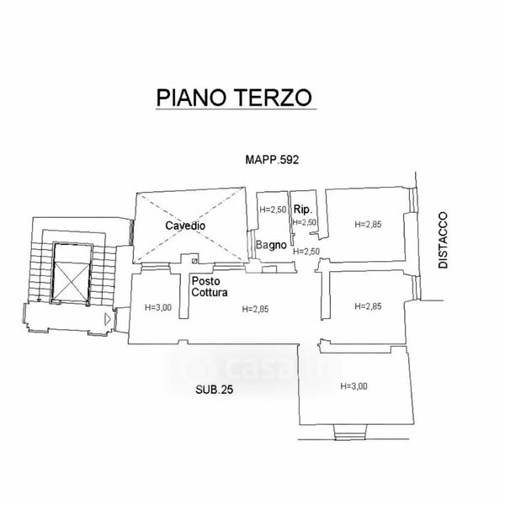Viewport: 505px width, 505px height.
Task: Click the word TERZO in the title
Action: point(274,97)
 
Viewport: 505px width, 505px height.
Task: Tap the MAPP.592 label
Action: point(273,158)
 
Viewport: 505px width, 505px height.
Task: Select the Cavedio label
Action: point(185,226)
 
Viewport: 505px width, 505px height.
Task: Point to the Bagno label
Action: point(273,247)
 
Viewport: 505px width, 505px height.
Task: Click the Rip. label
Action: point(303,209)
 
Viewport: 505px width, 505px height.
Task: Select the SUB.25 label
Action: point(212,389)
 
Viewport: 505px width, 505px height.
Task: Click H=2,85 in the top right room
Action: point(369,224)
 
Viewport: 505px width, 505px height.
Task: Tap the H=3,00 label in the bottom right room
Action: point(355,386)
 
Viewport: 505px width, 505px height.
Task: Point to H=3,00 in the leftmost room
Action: point(157,307)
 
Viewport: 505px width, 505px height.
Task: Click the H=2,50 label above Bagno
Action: point(273,210)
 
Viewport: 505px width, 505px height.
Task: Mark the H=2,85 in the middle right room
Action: point(369,306)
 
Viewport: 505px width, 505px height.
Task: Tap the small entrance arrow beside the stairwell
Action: point(105,319)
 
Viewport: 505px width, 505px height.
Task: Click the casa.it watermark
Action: point(252,367)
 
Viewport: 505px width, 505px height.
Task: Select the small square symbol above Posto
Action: point(193,261)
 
